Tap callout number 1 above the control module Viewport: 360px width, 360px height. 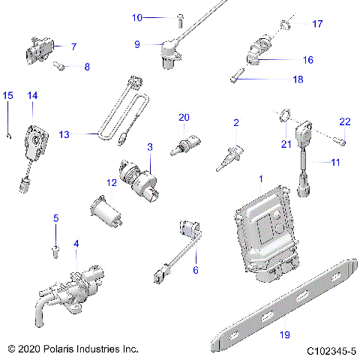pos(260,179)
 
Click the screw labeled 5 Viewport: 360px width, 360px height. pos(55,248)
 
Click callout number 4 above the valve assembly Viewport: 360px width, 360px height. pos(76,244)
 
